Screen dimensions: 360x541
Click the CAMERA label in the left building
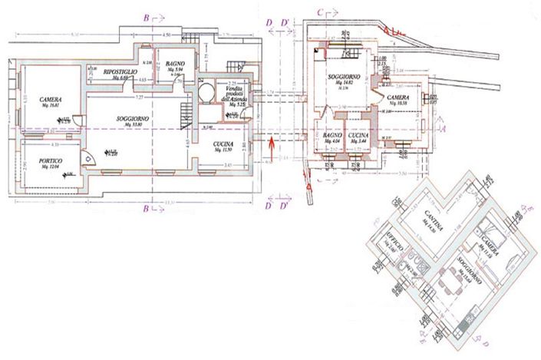tap(51, 100)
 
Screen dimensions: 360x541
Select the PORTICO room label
tap(51, 160)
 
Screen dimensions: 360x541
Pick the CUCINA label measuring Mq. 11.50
tap(224, 144)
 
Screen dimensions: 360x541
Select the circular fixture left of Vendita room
tap(206, 94)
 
